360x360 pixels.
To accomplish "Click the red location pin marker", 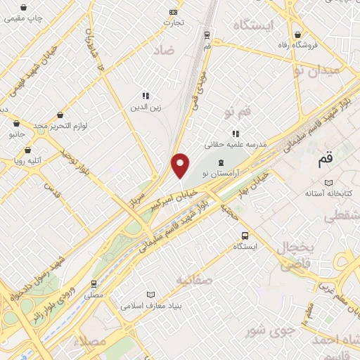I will tap(181, 165).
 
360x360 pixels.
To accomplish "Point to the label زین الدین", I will tap(145, 108).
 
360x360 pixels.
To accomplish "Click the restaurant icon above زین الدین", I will tap(145, 96).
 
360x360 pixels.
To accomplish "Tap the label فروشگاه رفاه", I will tap(316, 45).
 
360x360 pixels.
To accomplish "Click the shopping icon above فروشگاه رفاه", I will tap(300, 34).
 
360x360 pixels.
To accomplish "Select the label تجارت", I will tap(174, 22).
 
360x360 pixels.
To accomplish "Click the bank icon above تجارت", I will tap(174, 12).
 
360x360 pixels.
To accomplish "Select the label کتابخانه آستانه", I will tap(329, 193).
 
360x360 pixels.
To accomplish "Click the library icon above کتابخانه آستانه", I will tap(329, 182).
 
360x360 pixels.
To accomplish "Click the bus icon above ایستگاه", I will tap(245, 236).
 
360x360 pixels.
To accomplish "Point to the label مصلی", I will tap(94, 295).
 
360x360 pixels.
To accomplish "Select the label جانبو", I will tap(16, 132).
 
